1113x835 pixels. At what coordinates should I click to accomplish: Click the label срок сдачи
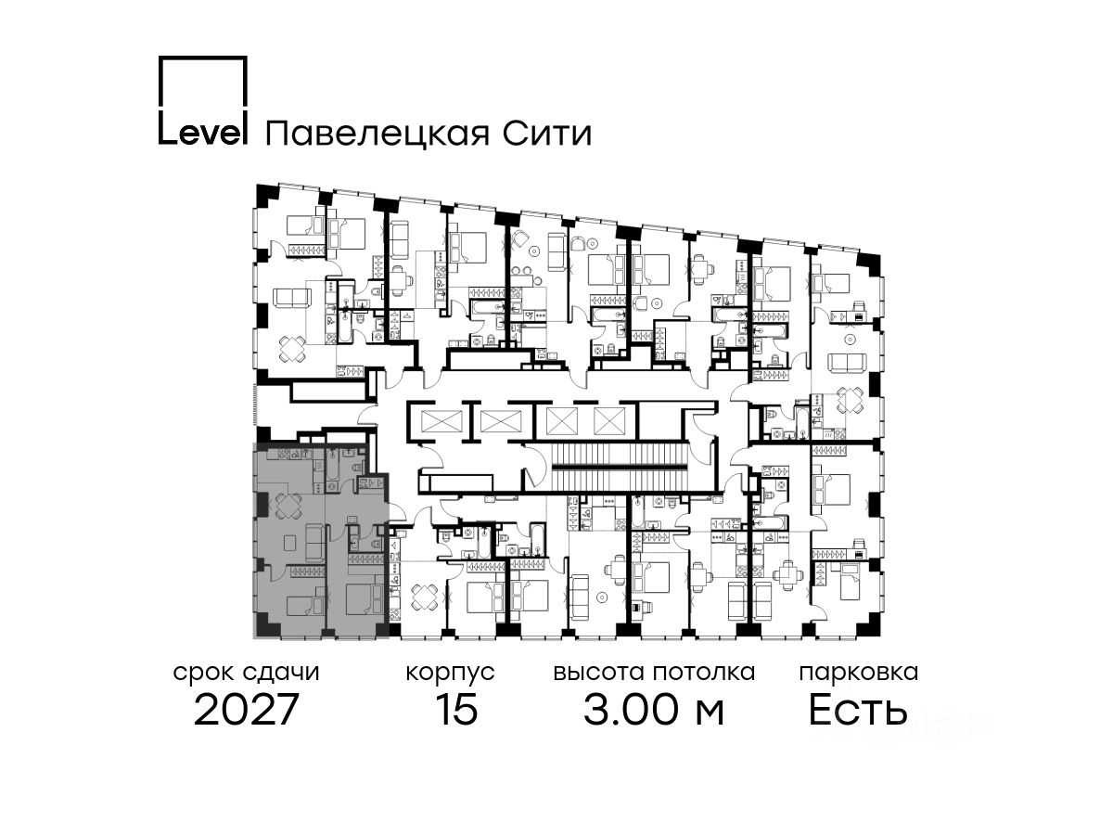pyautogui.click(x=247, y=673)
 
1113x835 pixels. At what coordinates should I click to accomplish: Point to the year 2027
pyautogui.click(x=247, y=711)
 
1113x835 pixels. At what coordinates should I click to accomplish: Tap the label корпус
pyautogui.click(x=451, y=673)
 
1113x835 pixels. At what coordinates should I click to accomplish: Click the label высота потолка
pyautogui.click(x=654, y=673)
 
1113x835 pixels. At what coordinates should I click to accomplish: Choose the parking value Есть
pyautogui.click(x=858, y=711)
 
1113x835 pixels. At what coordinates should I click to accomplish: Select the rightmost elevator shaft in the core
pyautogui.click(x=608, y=421)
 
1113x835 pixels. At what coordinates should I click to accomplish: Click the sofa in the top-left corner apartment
pyautogui.click(x=292, y=299)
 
